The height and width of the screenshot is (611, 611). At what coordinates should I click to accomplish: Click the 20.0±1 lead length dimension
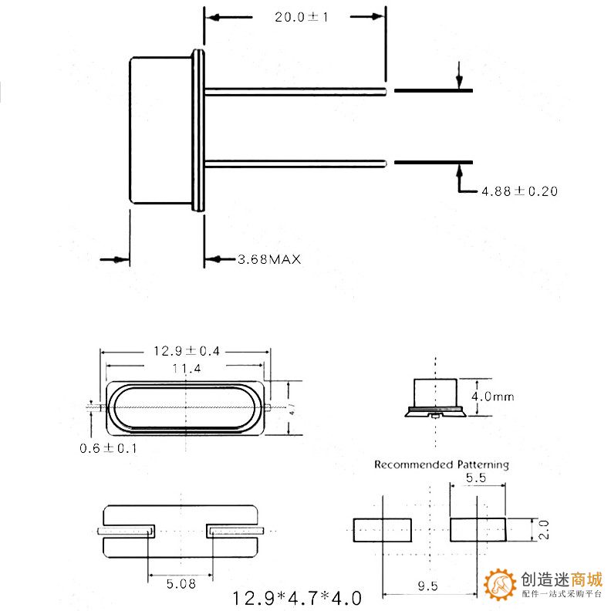coord(301,18)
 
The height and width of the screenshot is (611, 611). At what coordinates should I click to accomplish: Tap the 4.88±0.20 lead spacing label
coord(519,191)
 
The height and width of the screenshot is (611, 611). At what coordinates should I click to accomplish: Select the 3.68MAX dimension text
coord(268,259)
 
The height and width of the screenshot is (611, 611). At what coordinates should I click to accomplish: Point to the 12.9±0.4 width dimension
coord(186,351)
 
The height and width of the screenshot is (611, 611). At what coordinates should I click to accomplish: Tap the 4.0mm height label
coord(492,397)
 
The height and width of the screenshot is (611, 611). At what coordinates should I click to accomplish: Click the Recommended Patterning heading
coord(441,464)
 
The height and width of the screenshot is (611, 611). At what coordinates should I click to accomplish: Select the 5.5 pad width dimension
coord(476,479)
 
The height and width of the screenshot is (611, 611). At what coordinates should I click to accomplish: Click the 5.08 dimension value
coord(181,584)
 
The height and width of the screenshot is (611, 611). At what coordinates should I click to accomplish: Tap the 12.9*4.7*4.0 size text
coord(296,597)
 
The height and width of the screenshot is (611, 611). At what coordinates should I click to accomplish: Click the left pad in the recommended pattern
coord(382,530)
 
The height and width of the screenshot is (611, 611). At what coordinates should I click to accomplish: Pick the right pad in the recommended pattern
coord(478,530)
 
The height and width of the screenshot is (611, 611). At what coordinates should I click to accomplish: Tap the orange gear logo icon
coord(500,585)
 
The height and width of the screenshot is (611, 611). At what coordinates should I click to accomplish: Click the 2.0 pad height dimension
coord(543,530)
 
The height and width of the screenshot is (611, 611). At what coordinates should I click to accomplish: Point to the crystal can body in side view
coord(160,130)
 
